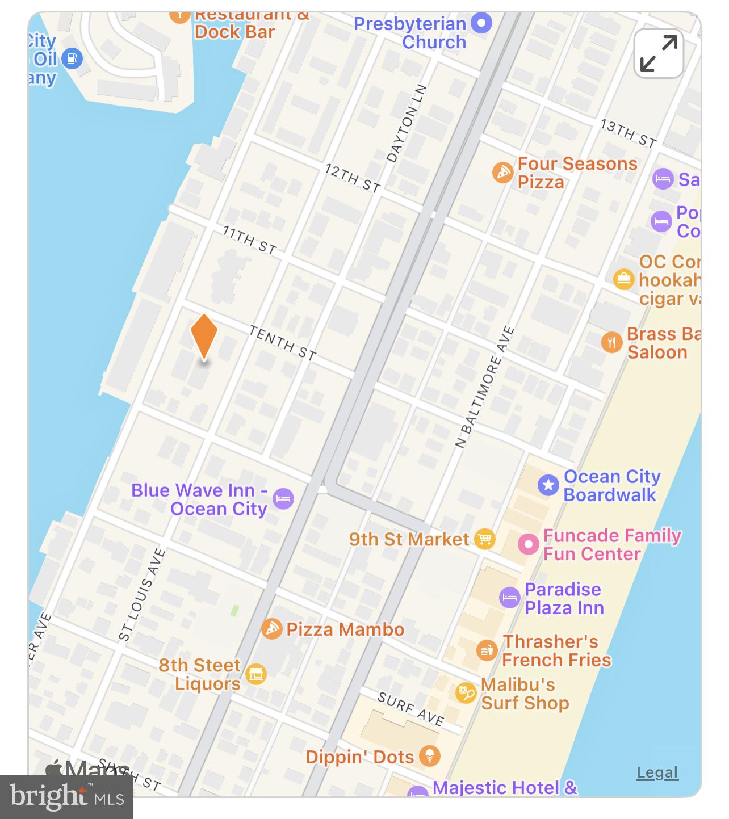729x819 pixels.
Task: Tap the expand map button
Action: [659, 53]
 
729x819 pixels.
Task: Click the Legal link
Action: [657, 772]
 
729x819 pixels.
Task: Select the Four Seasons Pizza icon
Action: [502, 172]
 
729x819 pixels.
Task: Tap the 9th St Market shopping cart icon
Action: [484, 539]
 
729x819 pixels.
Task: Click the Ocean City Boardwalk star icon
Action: [548, 485]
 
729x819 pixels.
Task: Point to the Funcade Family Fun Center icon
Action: [528, 544]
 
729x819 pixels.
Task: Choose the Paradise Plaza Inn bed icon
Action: [509, 598]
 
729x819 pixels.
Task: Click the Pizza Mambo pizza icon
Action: [272, 628]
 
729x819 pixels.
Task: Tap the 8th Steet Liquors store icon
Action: [256, 674]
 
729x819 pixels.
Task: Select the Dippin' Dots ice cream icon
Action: [430, 756]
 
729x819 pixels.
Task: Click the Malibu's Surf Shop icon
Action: [466, 693]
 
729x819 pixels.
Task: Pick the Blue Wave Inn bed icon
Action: [283, 499]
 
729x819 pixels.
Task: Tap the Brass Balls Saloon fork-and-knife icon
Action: [611, 342]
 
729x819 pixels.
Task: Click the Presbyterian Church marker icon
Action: [482, 23]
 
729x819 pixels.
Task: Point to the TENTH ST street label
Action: [282, 343]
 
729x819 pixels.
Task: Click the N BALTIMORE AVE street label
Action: [485, 387]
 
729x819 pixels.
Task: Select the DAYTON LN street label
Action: [406, 124]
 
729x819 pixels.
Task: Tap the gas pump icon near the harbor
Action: [72, 58]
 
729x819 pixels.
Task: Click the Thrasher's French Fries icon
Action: [487, 650]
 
